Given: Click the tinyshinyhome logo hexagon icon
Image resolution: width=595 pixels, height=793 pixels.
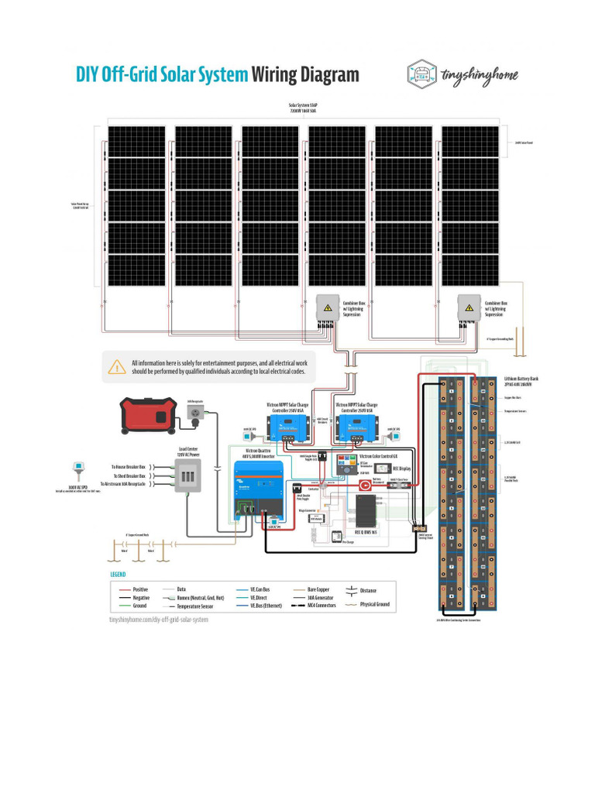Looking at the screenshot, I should click(x=422, y=74).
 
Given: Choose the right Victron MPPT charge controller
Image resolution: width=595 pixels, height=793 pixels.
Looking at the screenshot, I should click(x=356, y=423).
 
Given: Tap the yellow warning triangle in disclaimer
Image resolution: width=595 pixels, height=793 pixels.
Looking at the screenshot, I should click(x=117, y=367).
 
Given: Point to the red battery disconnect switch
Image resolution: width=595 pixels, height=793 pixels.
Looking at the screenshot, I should click(x=364, y=486).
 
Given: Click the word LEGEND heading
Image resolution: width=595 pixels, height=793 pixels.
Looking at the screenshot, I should click(x=118, y=575).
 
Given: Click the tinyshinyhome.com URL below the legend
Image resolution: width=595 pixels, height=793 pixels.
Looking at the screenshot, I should click(x=159, y=620).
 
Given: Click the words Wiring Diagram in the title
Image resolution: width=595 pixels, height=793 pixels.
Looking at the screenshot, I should click(x=305, y=74).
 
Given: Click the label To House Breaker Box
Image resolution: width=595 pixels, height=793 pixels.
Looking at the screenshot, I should click(x=129, y=468).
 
